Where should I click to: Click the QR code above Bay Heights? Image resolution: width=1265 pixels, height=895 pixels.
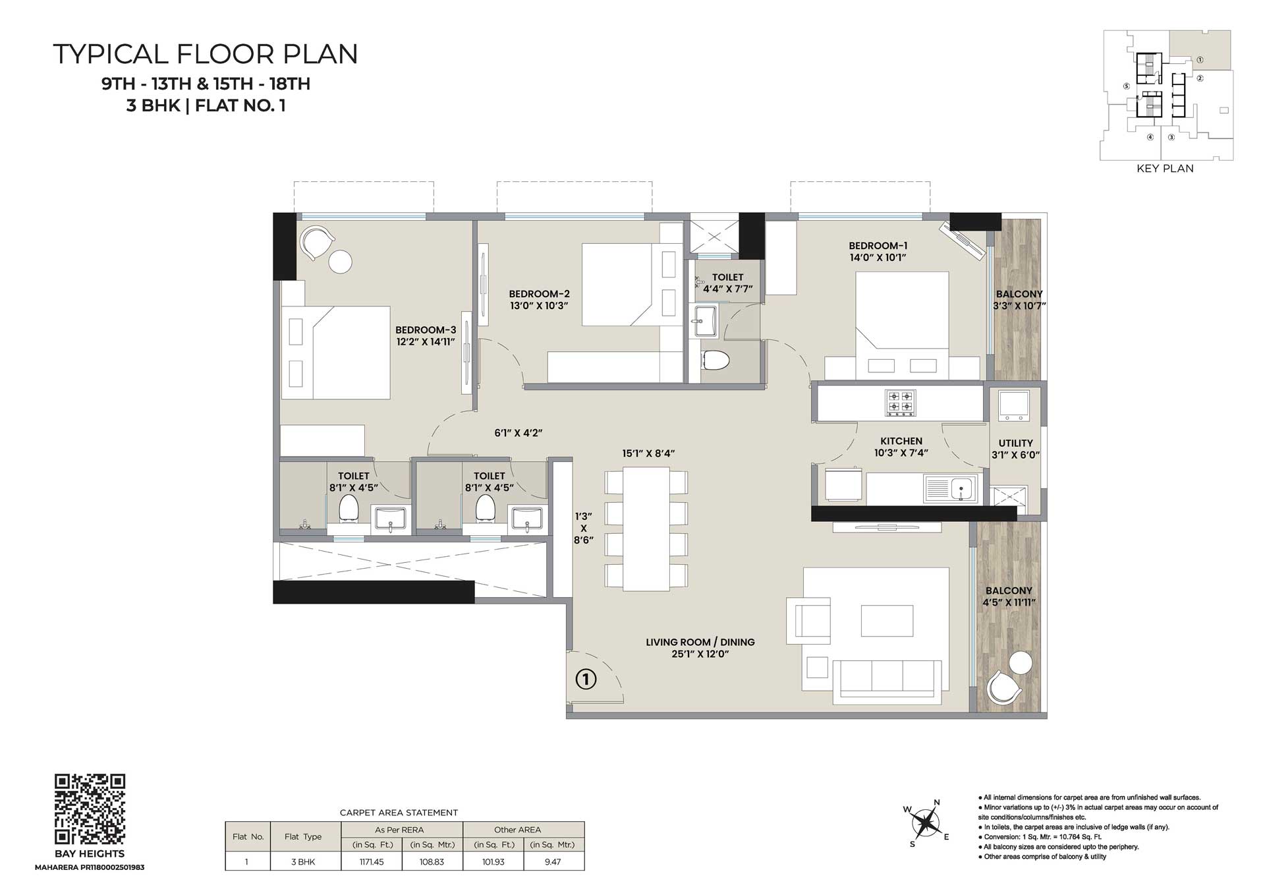[90, 809]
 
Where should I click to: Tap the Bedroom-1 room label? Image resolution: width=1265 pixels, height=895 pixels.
[878, 246]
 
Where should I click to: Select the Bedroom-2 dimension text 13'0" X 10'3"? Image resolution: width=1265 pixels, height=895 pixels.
[539, 306]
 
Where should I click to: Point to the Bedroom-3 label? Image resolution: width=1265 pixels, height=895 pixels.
[426, 330]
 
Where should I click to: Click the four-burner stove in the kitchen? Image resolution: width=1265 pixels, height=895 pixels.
[900, 401]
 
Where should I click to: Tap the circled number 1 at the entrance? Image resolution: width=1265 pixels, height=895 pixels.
[586, 679]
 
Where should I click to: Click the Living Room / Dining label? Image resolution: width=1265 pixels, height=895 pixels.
[700, 642]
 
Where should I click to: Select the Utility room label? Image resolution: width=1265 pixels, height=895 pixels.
[1015, 444]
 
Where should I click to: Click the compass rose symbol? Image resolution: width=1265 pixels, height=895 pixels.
[926, 823]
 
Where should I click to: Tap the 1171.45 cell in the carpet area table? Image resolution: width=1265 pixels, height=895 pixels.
[372, 862]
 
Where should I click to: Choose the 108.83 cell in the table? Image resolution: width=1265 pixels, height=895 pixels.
[432, 862]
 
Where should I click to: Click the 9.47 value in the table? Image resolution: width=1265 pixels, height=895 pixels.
[553, 862]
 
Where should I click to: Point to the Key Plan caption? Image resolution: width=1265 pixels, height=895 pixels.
[1165, 169]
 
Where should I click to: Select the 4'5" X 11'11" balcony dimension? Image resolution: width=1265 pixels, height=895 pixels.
[1009, 602]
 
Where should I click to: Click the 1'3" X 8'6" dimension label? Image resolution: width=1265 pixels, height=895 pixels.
[584, 529]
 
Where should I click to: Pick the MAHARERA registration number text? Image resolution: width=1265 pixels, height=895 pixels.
[90, 867]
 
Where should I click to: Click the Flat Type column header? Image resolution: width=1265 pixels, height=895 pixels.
[303, 837]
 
